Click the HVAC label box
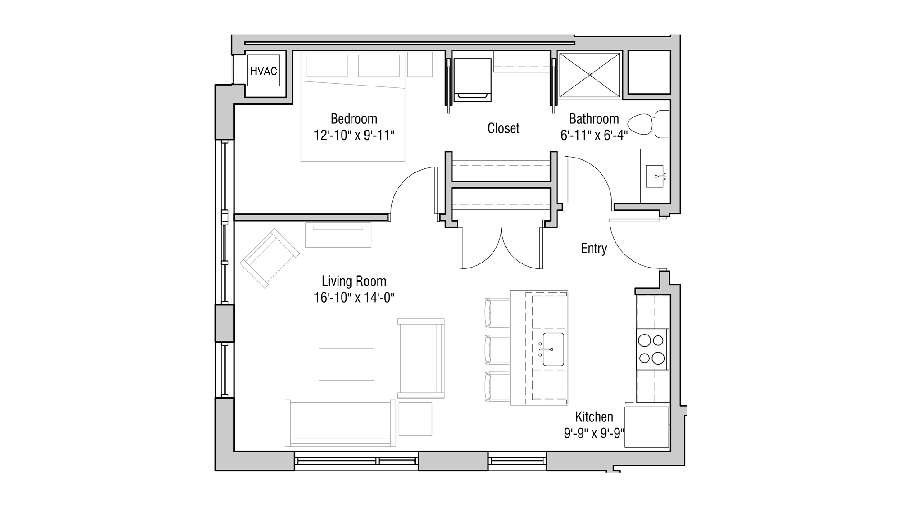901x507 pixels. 263,71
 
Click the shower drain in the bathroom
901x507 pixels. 589,75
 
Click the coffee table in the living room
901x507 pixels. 346,364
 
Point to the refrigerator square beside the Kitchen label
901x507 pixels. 647,427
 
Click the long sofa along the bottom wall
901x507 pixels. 340,423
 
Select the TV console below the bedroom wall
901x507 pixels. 338,235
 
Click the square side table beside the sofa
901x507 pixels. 415,419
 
